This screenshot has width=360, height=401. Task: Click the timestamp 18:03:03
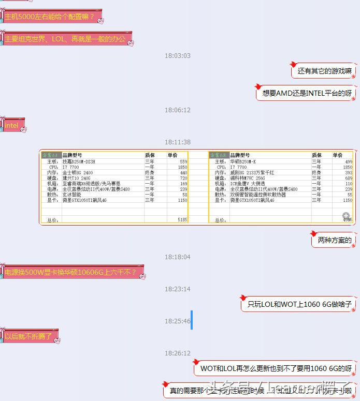click(x=178, y=56)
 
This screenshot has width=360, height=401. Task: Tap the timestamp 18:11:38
click(x=178, y=142)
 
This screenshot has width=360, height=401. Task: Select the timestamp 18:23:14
click(x=178, y=289)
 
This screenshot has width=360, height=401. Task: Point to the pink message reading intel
click(x=12, y=125)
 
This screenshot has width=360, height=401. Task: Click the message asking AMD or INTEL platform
click(x=307, y=93)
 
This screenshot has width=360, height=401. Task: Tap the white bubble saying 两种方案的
click(x=334, y=240)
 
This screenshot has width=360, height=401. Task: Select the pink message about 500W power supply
click(x=70, y=272)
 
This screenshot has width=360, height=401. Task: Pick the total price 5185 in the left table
click(x=182, y=220)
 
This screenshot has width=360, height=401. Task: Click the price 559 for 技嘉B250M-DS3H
click(x=183, y=162)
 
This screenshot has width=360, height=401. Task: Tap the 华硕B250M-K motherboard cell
click(x=246, y=162)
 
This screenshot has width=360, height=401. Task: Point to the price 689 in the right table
click(x=348, y=178)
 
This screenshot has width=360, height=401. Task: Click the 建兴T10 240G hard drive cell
click(x=77, y=178)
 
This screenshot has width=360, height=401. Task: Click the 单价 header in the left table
click(x=172, y=155)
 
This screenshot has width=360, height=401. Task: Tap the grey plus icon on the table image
click(x=346, y=216)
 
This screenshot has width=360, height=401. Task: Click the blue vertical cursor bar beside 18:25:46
click(x=192, y=320)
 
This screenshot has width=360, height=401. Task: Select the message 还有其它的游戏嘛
click(x=324, y=71)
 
